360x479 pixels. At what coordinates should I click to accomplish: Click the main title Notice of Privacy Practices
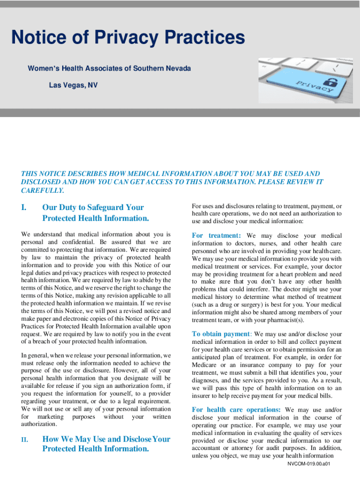click(128, 38)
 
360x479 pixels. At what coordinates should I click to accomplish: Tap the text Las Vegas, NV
click(73, 86)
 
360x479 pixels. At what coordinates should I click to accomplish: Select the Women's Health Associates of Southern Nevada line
click(109, 69)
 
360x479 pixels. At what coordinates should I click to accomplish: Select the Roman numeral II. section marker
click(25, 439)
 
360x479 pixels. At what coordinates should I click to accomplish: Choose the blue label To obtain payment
click(222, 334)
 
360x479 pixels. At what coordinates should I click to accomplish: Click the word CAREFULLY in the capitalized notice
click(42, 190)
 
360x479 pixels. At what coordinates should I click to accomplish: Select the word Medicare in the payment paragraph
click(205, 365)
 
